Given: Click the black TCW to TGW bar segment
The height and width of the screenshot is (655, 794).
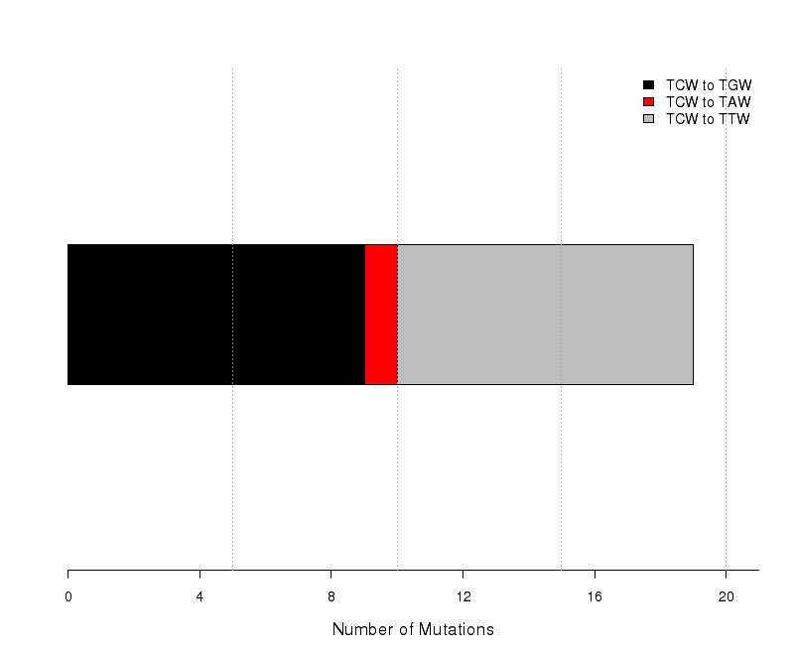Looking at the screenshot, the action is [216, 315].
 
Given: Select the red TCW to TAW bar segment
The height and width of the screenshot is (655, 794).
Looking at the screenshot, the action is [381, 315].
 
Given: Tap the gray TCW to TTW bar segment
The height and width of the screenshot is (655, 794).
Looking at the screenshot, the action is [545, 315].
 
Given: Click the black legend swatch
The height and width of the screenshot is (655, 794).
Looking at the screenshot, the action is [648, 84].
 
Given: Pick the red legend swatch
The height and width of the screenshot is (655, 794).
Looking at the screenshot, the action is [648, 102].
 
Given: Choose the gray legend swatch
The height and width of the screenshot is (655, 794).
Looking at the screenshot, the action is [648, 119].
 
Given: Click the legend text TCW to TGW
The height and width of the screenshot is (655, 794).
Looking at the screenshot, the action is [709, 85].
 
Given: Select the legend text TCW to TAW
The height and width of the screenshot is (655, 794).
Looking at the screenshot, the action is [708, 102].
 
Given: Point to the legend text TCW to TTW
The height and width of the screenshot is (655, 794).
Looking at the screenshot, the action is [708, 119].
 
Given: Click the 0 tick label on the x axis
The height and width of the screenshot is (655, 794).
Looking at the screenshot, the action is [68, 597].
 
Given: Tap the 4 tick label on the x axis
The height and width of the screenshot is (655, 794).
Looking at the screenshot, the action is [199, 597].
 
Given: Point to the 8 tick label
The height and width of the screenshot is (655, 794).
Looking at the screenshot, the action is [331, 597].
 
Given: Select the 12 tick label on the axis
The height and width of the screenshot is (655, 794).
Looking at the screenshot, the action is [463, 597].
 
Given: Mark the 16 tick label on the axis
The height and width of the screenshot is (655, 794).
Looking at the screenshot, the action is [595, 597].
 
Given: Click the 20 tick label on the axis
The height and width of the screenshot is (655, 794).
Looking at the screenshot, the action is [727, 597].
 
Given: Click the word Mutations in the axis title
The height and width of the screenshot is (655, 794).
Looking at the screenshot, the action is [457, 629].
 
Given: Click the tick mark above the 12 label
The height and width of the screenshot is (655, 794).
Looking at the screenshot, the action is [463, 574].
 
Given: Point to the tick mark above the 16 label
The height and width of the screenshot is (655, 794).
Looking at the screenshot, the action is [595, 574].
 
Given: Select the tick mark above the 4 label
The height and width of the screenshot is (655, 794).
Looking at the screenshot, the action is [200, 574].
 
